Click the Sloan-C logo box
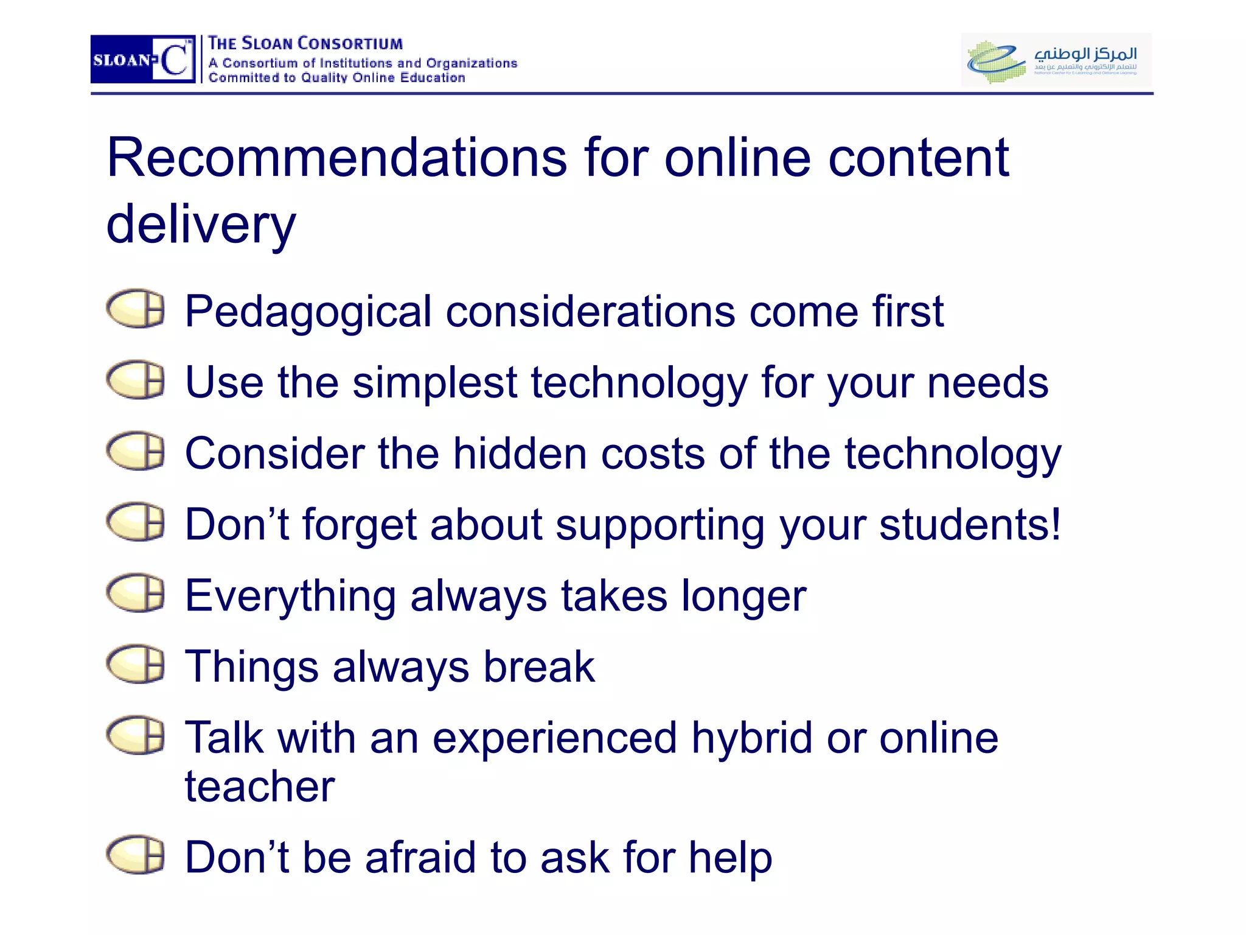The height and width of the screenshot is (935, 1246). coord(142,59)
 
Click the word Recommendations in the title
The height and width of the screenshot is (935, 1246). coord(336,158)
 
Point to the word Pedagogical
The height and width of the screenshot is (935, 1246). coord(308,312)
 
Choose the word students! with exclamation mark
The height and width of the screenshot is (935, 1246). coord(970,525)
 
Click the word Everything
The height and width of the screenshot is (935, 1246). coord(290,596)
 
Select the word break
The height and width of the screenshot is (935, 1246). coord(539,667)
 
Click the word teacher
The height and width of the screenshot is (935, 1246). coord(260,786)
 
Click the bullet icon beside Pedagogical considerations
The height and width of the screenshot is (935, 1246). coord(136,309)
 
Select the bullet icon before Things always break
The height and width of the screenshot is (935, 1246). coord(136,664)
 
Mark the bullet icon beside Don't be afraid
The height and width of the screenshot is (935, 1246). coord(136,855)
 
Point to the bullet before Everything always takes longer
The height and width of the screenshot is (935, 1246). coord(136,593)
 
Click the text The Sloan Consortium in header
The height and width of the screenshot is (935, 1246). coord(305,44)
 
